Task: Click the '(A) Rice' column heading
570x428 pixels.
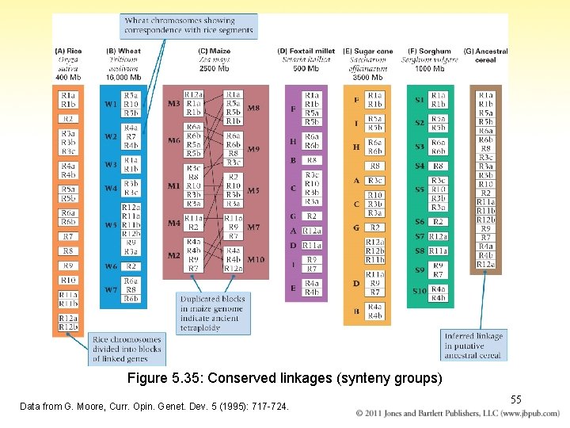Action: click(68, 52)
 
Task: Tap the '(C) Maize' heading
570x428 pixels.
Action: click(214, 52)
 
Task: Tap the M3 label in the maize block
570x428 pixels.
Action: click(173, 104)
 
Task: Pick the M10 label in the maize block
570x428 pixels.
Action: click(255, 259)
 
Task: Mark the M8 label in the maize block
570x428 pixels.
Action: click(253, 108)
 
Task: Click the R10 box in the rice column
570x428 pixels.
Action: click(68, 280)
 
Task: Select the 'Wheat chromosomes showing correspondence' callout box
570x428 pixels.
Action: click(190, 26)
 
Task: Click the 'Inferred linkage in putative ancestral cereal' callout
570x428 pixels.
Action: click(473, 346)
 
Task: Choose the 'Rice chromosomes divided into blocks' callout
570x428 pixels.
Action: click(127, 349)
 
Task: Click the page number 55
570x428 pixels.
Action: click(515, 400)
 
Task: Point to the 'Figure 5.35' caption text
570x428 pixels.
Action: click(285, 379)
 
